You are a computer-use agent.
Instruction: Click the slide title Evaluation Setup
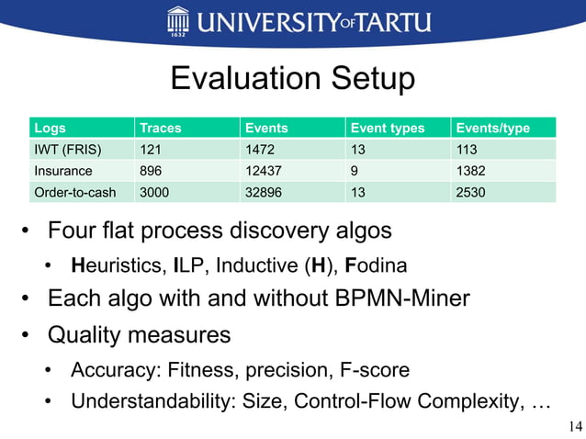point(292,79)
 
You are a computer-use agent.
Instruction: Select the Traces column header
point(158,128)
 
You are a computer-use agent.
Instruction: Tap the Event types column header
point(387,128)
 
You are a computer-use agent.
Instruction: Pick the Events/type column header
point(492,128)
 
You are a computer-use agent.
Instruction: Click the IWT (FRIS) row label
point(67,149)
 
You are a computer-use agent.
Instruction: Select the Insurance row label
point(63,170)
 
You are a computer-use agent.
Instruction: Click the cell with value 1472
point(258,149)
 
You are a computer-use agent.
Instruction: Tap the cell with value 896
point(150,170)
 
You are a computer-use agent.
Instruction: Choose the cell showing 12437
point(262,170)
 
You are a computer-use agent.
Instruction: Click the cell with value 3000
point(153,192)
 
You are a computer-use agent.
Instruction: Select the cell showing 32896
point(262,192)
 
